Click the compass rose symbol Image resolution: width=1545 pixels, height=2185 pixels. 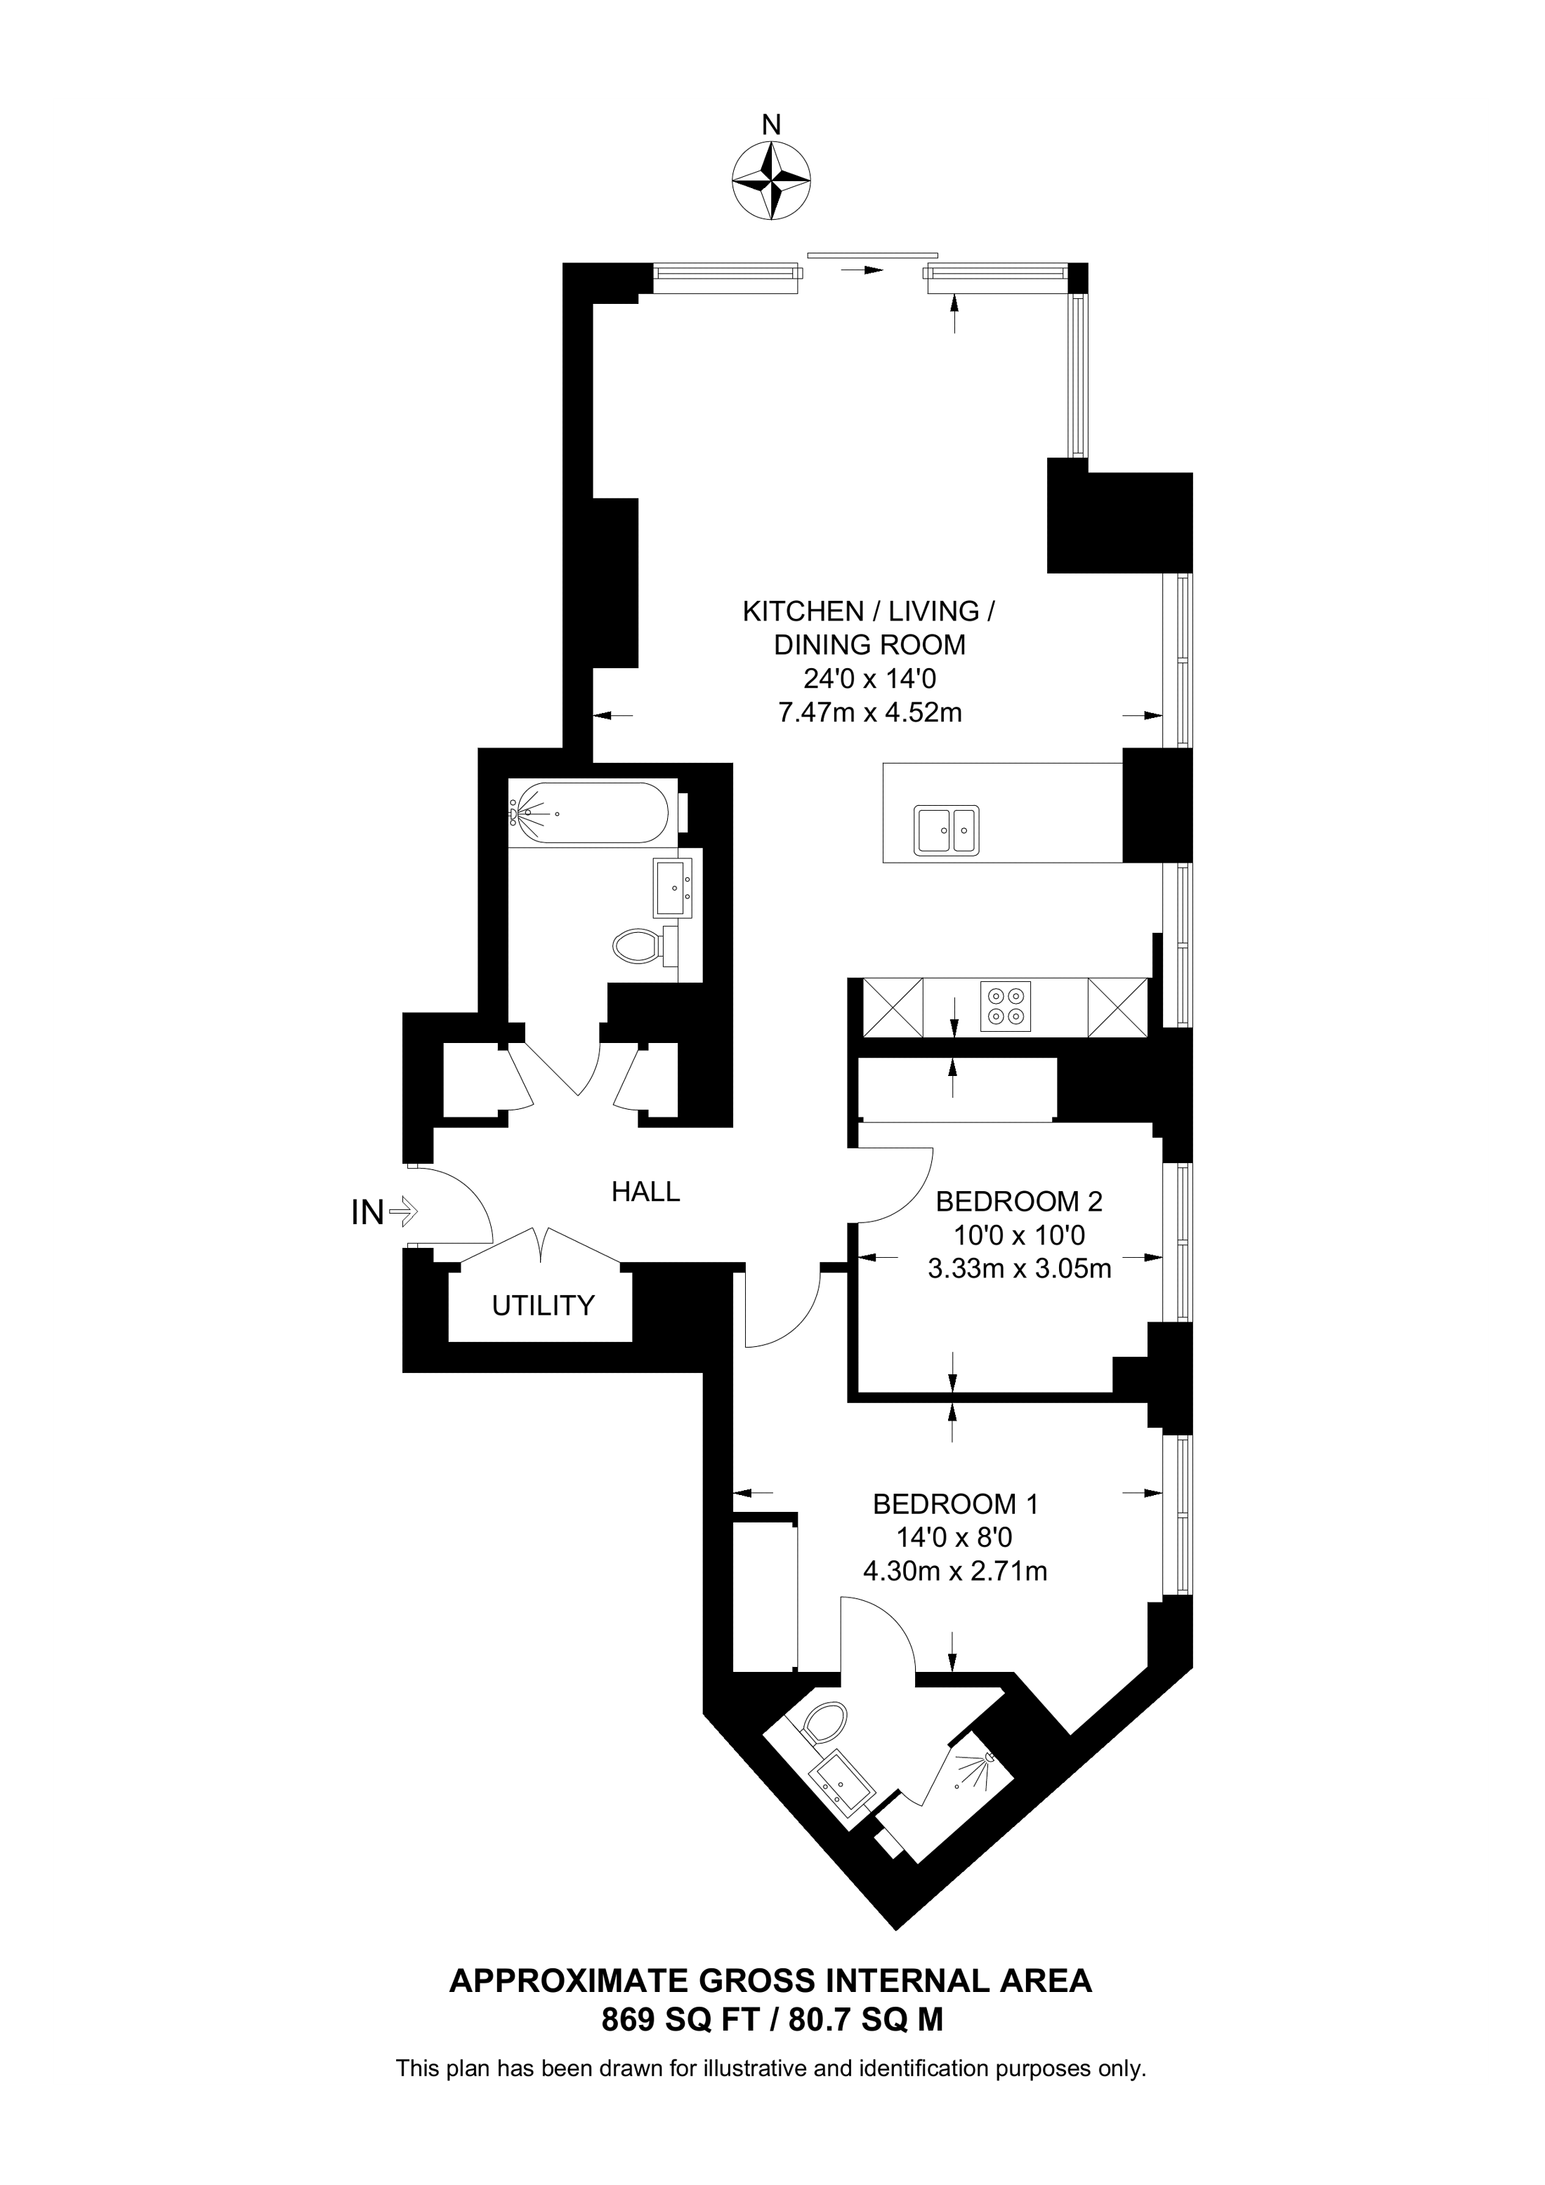771,181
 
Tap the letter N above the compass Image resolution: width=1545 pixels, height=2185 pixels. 772,125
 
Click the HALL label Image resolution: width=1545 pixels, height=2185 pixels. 645,1192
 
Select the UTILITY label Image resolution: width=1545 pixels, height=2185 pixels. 543,1306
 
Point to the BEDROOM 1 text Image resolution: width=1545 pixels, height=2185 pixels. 955,1505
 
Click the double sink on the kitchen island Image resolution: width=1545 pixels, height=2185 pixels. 946,830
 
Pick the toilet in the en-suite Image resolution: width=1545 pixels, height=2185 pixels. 824,1722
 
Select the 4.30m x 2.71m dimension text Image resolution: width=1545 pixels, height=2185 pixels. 955,1571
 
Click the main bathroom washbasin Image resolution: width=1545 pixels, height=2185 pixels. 675,888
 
